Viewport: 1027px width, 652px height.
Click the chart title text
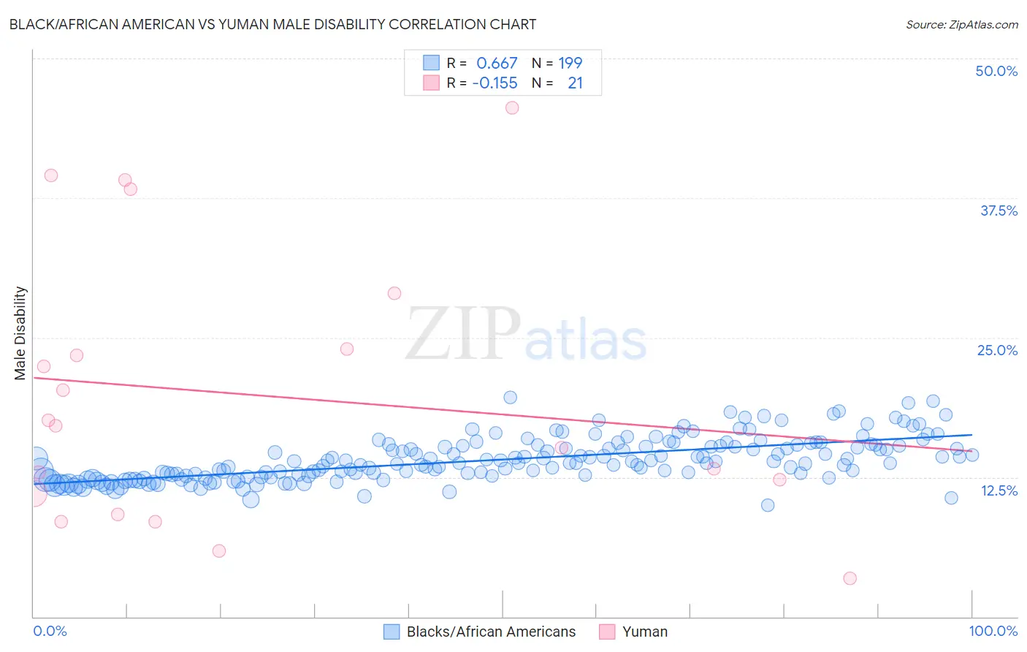coord(272,24)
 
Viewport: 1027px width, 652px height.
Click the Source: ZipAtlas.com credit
coord(961,24)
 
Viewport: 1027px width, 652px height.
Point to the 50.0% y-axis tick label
coord(996,71)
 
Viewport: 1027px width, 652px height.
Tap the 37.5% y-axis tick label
coord(999,211)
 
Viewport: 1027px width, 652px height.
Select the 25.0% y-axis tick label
coord(997,350)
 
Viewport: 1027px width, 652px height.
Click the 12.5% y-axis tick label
coord(999,490)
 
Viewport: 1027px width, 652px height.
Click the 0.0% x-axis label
coord(50,631)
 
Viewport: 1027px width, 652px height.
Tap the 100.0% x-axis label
coord(993,631)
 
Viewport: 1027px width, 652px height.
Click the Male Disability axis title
coord(20,333)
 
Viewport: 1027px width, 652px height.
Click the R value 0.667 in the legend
coord(497,63)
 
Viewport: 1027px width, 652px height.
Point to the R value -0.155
coord(495,83)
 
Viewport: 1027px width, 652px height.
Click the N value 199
coord(570,63)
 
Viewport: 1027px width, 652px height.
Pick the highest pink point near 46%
coord(512,107)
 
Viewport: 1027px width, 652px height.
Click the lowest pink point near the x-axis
coord(850,578)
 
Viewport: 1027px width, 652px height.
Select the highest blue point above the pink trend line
coord(511,397)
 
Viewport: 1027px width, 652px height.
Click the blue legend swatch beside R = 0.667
coord(431,63)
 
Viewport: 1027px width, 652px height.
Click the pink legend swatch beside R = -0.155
coord(431,83)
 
